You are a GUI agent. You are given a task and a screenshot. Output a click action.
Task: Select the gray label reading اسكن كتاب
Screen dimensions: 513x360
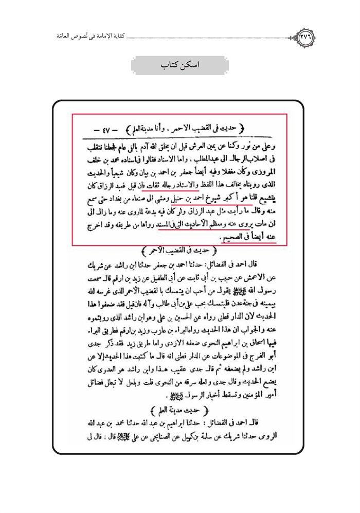pyautogui.click(x=179, y=66)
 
